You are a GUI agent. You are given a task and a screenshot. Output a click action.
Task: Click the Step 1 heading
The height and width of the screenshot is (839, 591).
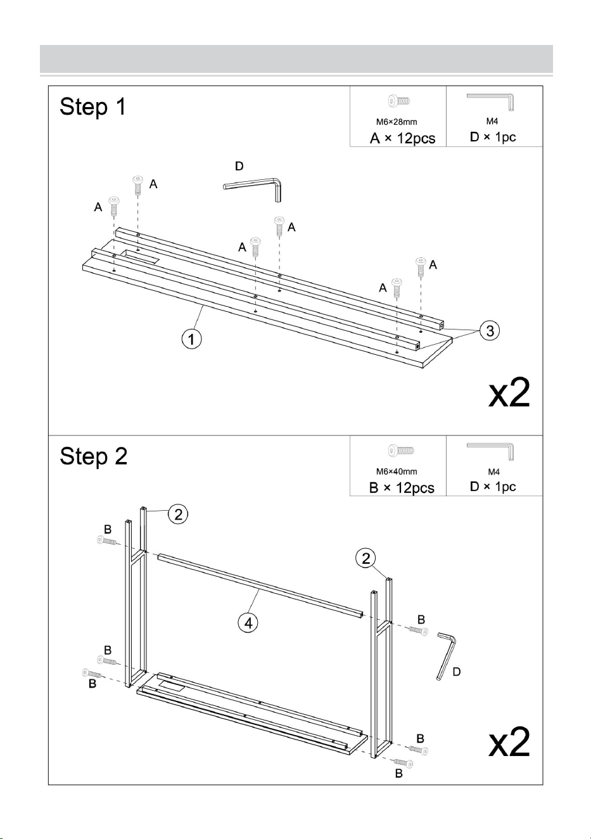(x=92, y=107)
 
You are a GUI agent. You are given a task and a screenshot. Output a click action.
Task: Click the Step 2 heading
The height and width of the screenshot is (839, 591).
(x=93, y=457)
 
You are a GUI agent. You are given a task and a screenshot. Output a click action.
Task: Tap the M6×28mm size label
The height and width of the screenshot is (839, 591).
(x=397, y=122)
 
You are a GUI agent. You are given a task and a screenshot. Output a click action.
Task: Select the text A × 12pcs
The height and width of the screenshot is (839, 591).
(x=403, y=138)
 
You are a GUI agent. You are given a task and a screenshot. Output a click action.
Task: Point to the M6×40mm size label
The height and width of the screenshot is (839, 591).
(x=397, y=471)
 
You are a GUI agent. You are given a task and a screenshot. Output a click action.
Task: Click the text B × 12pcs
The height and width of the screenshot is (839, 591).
(x=402, y=488)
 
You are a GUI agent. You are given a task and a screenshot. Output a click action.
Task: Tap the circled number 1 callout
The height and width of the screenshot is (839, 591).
(x=191, y=339)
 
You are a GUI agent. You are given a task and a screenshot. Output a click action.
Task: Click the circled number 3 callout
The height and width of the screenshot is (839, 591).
(x=490, y=331)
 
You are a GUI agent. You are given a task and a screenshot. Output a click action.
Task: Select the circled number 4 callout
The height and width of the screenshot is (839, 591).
(x=248, y=624)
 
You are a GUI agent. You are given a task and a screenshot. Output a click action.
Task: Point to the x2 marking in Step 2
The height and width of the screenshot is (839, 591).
(x=509, y=743)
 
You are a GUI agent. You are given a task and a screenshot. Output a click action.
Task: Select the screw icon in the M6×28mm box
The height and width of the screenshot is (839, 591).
(x=398, y=101)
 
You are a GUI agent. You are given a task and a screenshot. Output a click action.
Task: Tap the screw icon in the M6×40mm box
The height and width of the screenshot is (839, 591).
(x=401, y=450)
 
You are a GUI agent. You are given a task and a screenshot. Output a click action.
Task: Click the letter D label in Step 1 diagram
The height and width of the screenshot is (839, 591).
(x=239, y=166)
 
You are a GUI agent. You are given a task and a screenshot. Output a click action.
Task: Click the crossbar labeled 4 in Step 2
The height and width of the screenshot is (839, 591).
(x=260, y=586)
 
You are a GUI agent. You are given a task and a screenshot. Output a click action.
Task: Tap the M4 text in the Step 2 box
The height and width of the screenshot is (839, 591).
(x=494, y=472)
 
